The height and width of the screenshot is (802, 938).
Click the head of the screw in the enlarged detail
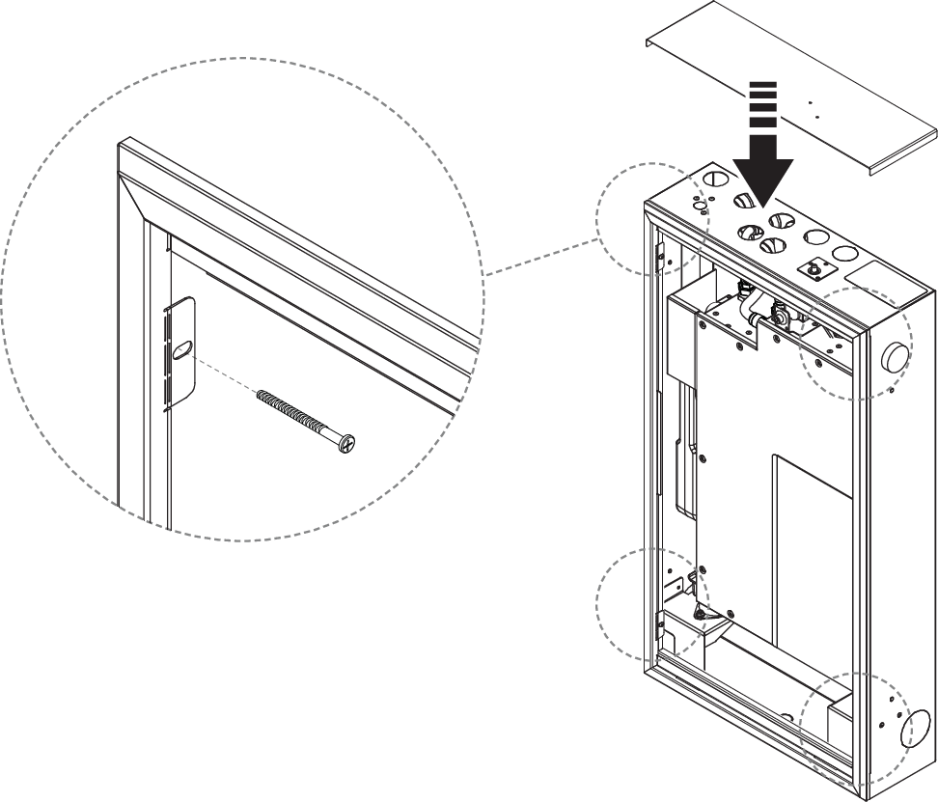point(345,443)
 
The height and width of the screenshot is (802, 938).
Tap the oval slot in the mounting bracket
point(180,354)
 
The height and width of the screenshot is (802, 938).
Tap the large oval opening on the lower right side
point(918,730)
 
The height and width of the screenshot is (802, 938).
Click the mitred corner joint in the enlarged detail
point(134,197)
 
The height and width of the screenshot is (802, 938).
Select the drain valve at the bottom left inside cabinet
point(703,612)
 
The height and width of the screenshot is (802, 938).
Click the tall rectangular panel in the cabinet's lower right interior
point(812,560)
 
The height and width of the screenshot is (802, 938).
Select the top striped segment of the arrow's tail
point(762,87)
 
